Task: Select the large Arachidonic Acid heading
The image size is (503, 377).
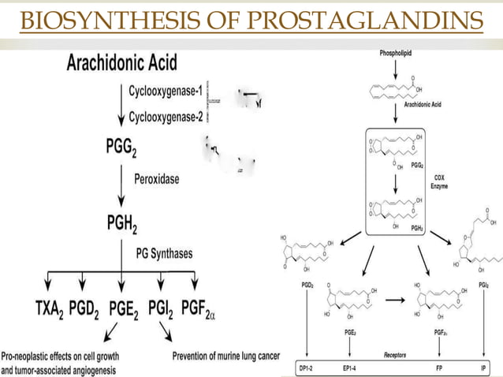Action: [121, 61]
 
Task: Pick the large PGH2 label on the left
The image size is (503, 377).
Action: [121, 226]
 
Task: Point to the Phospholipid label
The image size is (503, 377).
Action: [395, 52]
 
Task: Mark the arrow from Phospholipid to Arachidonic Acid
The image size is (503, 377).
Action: [395, 69]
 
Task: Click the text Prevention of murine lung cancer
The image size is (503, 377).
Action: [225, 356]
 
